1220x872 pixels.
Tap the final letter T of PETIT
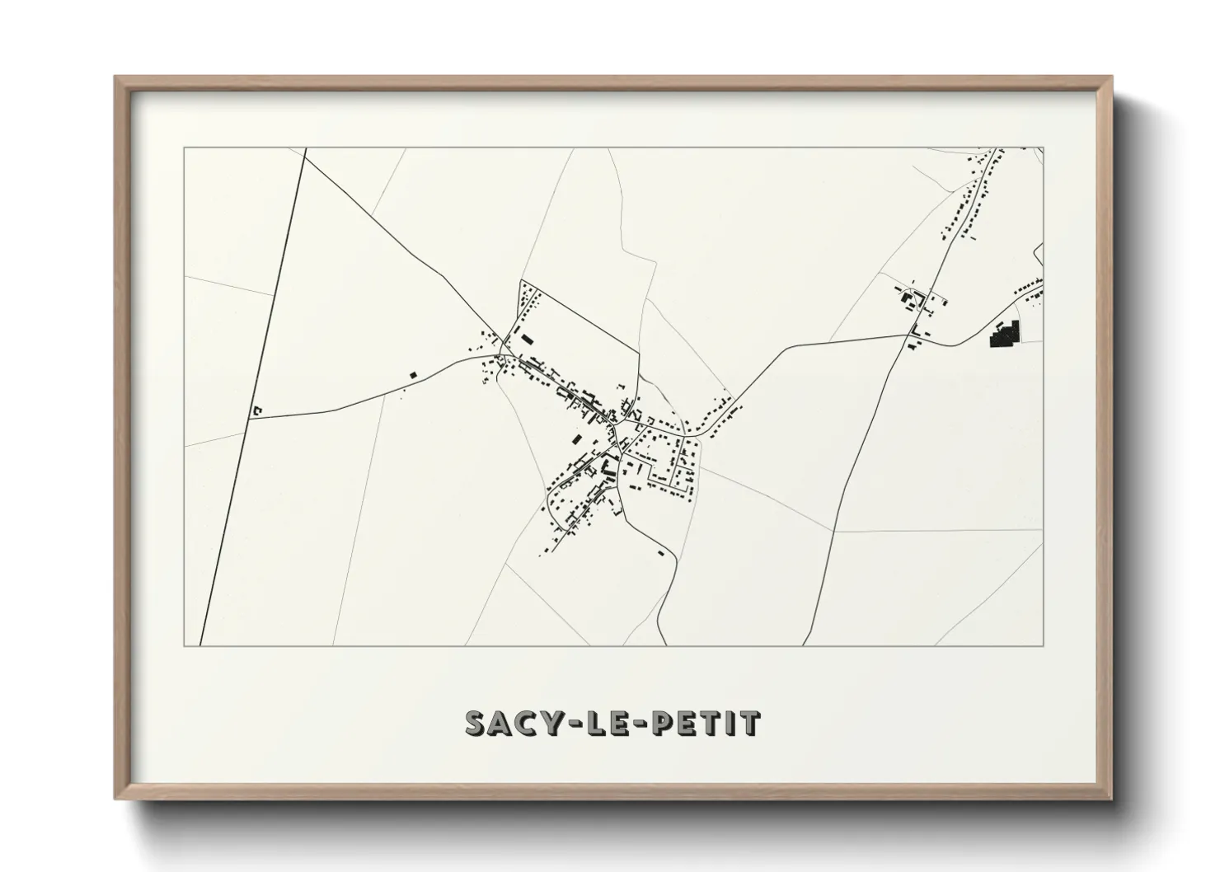tap(751, 724)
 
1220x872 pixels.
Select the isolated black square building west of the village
tap(413, 375)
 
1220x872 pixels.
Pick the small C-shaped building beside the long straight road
tap(257, 410)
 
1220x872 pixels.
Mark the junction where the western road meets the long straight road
tap(249, 417)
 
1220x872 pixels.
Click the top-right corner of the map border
tap(1044, 148)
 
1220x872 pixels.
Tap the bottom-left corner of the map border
tap(184, 645)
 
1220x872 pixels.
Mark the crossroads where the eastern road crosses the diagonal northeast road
tap(908, 334)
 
